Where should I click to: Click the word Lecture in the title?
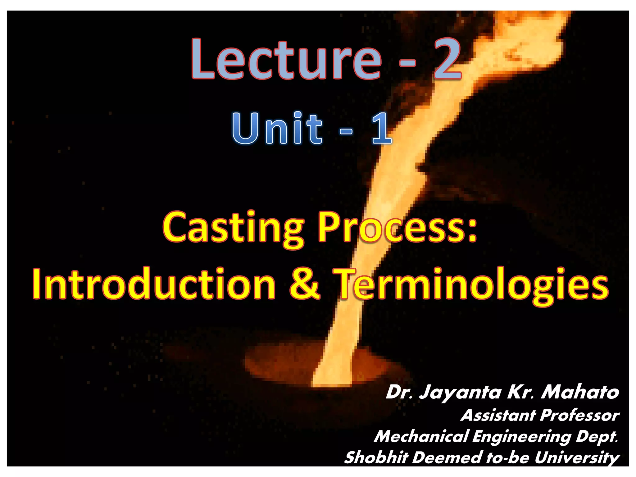[286, 59]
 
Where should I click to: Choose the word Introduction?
[154, 284]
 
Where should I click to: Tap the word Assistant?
[498, 415]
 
